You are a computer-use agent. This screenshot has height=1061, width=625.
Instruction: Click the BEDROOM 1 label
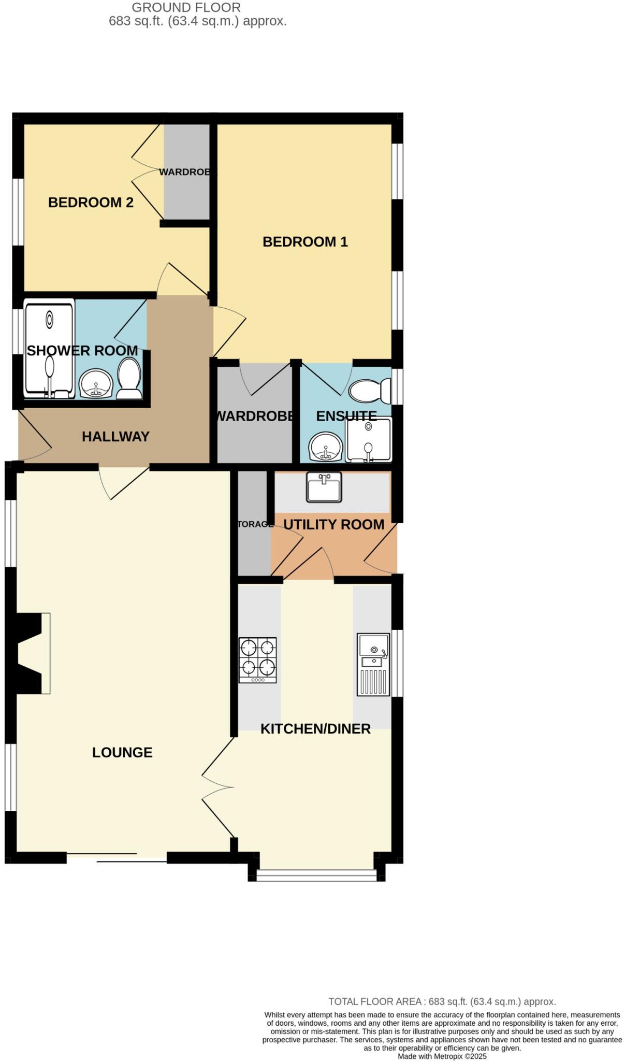[x=305, y=241]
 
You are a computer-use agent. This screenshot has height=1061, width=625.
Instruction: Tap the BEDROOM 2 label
[x=91, y=202]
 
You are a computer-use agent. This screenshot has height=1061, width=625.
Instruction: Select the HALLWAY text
[x=115, y=437]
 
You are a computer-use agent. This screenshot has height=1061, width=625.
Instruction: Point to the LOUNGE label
[x=122, y=752]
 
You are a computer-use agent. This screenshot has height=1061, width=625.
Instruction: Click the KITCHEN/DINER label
[x=315, y=729]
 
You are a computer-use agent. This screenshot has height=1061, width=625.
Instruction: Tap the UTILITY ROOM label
[x=333, y=524]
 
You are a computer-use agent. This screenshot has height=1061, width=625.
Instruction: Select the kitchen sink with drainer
[x=373, y=665]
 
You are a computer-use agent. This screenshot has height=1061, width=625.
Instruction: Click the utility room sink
[x=324, y=487]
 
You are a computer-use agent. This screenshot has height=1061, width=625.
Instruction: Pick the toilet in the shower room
[x=128, y=379]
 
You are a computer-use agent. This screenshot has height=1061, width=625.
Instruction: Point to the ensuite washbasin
[x=326, y=447]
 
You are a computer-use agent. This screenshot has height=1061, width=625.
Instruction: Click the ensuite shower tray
[x=368, y=440]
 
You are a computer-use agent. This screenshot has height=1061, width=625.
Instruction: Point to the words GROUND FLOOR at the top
[x=186, y=8]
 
